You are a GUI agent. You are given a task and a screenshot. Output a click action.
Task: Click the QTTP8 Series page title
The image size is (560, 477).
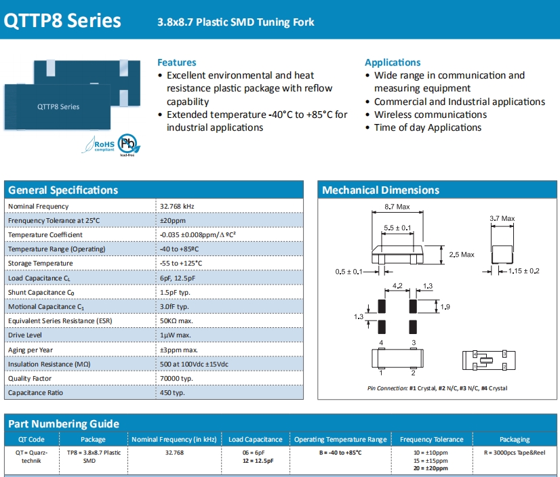coord(62,20)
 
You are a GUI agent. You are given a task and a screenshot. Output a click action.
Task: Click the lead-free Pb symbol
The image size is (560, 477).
coord(126,144)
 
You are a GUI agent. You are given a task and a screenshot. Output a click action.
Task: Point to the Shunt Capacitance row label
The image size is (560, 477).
coord(41,293)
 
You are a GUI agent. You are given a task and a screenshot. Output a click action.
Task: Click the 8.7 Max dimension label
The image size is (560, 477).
coord(397,206)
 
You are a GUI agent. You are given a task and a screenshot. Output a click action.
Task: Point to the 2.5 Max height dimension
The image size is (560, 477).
coord(462,255)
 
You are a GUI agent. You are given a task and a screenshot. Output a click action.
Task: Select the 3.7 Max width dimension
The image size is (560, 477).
coord(502,218)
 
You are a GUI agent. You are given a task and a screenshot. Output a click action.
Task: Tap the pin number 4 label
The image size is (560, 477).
coord(382,344)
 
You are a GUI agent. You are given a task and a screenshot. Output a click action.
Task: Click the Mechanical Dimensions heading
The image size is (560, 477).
coord(380,190)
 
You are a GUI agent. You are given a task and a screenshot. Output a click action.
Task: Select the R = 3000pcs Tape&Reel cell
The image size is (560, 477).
coord(515,452)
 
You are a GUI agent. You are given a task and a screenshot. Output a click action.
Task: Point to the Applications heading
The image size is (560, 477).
coord(393,62)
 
